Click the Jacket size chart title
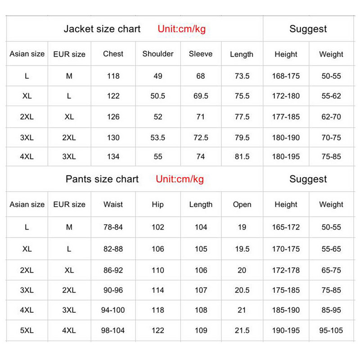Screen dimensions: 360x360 pyautogui.click(x=102, y=29)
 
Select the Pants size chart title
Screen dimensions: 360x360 pyautogui.click(x=102, y=179)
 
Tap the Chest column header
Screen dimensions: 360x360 pyautogui.click(x=113, y=54)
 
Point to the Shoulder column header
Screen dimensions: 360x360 pyautogui.click(x=158, y=54)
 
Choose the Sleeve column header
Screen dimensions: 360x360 pyautogui.click(x=201, y=54)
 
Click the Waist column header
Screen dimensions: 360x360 pyautogui.click(x=113, y=204)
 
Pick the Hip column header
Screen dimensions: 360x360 pyautogui.click(x=158, y=204)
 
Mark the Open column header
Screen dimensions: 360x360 pyautogui.click(x=242, y=204)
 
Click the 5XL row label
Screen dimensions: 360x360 pyautogui.click(x=27, y=330)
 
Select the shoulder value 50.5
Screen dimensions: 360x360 pyautogui.click(x=158, y=96)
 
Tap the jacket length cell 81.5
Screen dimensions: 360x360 pyautogui.click(x=242, y=157)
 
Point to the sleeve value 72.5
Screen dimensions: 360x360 pyautogui.click(x=201, y=137)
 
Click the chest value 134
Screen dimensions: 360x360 pyautogui.click(x=113, y=157)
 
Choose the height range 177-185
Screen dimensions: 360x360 pyautogui.click(x=286, y=117)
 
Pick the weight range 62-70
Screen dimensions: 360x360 pyautogui.click(x=331, y=117)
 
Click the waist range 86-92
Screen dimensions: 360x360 pyautogui.click(x=113, y=270)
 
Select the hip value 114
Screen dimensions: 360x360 pyautogui.click(x=158, y=290)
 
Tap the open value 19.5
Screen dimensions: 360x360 pyautogui.click(x=242, y=249)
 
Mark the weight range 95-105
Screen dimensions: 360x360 pyautogui.click(x=331, y=330)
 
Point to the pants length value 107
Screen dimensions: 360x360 pyautogui.click(x=201, y=290)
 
